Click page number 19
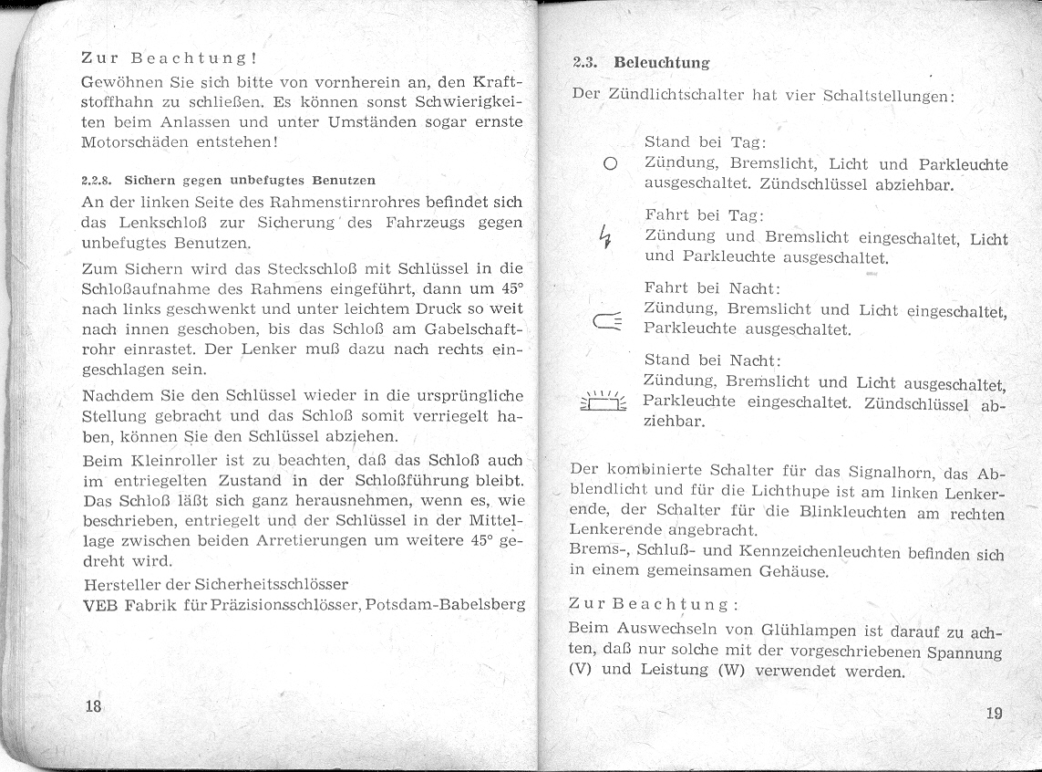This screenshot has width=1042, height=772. pos(994,713)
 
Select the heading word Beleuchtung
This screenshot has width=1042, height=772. pos(662,63)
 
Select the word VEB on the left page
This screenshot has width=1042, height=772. pos(98,604)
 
